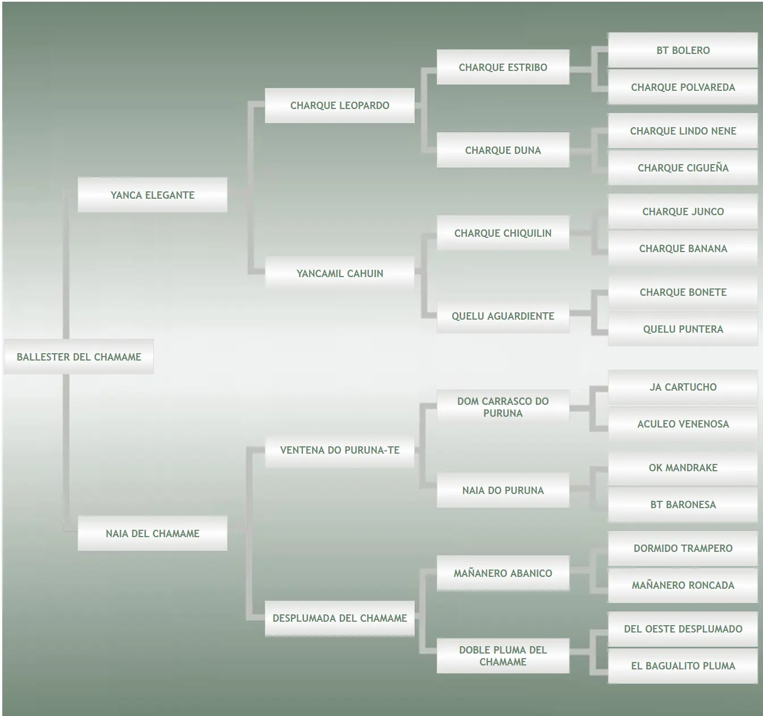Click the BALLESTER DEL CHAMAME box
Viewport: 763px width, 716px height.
[x=78, y=357]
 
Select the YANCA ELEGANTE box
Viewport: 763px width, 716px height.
[x=152, y=195]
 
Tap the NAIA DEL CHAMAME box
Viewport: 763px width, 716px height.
[x=152, y=533]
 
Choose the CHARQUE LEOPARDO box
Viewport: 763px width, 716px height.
[x=339, y=105]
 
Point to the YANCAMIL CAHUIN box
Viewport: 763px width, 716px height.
[x=339, y=273]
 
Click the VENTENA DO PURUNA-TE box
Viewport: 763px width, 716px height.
[x=339, y=450]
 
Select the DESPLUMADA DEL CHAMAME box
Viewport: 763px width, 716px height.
[x=339, y=618]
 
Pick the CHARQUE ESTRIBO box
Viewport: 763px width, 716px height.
[x=503, y=67]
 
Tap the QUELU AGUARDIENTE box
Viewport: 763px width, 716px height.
[x=503, y=316]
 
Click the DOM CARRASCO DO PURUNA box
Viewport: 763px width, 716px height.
[x=503, y=407]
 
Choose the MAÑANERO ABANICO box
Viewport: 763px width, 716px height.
[x=503, y=573]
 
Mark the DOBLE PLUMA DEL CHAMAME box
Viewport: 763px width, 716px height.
[x=503, y=655]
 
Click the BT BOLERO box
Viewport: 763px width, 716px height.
[x=682, y=50]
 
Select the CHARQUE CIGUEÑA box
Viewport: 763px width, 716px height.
[x=682, y=168]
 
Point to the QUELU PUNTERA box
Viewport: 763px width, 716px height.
[x=682, y=329]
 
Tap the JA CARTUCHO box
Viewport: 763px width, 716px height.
[x=682, y=387]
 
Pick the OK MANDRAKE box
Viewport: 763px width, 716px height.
[x=682, y=467]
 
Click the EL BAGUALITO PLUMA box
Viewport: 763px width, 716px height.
[x=682, y=665]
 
